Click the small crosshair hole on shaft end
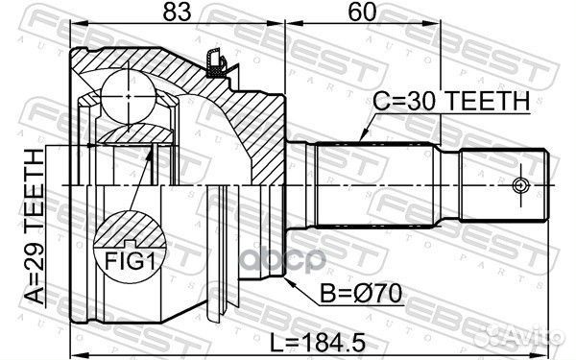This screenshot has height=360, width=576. pos(520,185)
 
